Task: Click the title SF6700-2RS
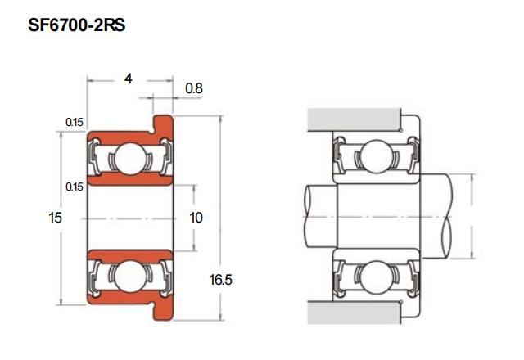[76, 25]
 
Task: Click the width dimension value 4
[129, 79]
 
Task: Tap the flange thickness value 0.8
[194, 88]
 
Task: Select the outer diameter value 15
[56, 218]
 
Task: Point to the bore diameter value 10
[196, 218]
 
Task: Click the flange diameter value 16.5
[220, 280]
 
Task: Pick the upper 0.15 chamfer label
[75, 122]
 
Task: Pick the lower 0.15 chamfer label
[75, 187]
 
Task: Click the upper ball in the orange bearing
[130, 159]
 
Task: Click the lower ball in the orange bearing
[130, 276]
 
